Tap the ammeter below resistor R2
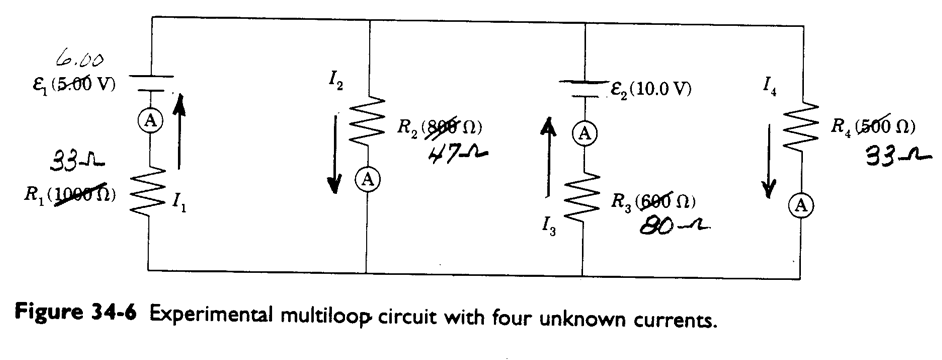[x=370, y=178]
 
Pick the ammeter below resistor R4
[x=800, y=204]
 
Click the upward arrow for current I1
[x=179, y=130]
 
